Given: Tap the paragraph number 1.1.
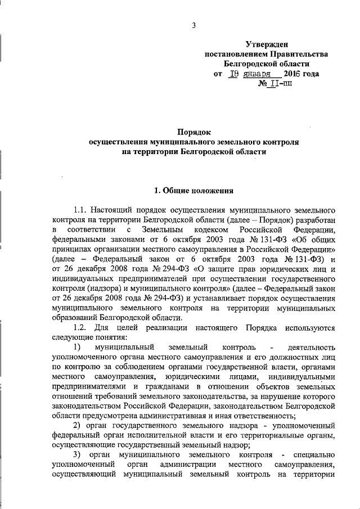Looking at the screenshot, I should [x=80, y=210].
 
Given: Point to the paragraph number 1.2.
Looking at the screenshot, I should [x=80, y=328].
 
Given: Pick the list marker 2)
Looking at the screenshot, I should [x=78, y=429].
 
